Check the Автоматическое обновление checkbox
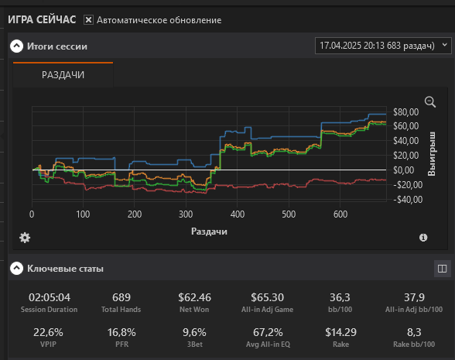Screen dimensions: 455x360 point(88,20)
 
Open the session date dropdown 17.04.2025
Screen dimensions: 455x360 point(383,46)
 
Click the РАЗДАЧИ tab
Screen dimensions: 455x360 point(63,75)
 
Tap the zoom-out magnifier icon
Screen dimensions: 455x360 point(430,102)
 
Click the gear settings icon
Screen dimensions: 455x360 point(25,238)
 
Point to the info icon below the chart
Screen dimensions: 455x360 point(423,238)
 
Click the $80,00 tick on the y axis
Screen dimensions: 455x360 point(406,112)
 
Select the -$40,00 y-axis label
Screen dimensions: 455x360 point(408,200)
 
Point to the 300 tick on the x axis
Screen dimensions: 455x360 point(186,214)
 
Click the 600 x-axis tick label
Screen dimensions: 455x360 point(340,214)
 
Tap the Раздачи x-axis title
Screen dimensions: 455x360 point(209,231)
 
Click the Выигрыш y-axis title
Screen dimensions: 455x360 point(432,153)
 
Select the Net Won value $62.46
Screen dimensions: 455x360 point(195,297)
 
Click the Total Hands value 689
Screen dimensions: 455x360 point(121,297)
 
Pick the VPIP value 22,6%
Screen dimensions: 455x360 point(48,332)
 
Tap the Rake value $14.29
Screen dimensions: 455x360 point(340,332)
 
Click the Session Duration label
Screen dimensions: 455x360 point(49,310)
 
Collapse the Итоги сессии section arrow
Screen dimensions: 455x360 point(16,46)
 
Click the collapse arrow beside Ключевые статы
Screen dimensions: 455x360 point(16,269)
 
